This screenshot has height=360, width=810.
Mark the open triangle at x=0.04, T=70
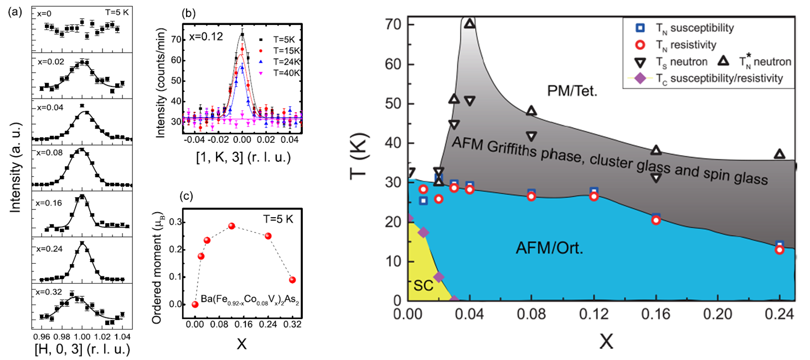coord(470,24)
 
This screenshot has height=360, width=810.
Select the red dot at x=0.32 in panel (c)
coord(292,280)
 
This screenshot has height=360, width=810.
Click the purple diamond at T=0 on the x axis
coord(454,300)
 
